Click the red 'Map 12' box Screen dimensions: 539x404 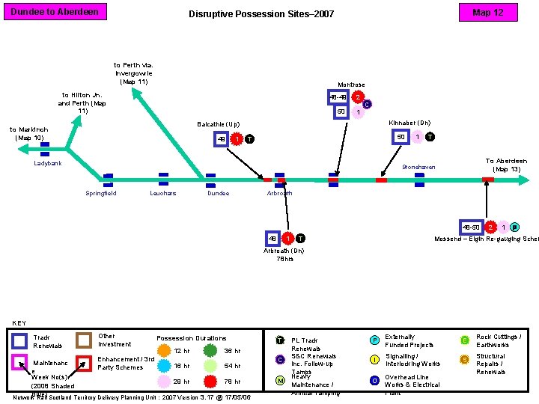(x=487, y=13)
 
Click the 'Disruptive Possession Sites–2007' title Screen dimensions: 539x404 (x=261, y=14)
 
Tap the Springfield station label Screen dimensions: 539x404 (x=101, y=193)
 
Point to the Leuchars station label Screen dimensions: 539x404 (x=162, y=193)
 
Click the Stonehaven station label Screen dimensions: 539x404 (x=418, y=167)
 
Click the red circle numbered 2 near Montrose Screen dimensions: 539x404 (x=359, y=97)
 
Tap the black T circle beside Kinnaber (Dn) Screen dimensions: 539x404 (x=430, y=137)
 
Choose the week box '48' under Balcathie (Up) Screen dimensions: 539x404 (x=222, y=139)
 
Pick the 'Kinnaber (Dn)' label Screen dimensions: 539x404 (x=409, y=122)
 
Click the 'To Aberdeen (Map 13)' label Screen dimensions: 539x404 (x=506, y=165)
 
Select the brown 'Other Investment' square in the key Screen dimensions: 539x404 (x=85, y=340)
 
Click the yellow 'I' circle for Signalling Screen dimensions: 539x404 (x=374, y=360)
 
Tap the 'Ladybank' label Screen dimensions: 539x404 (x=48, y=163)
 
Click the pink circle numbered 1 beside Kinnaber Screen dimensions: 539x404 (x=417, y=137)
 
